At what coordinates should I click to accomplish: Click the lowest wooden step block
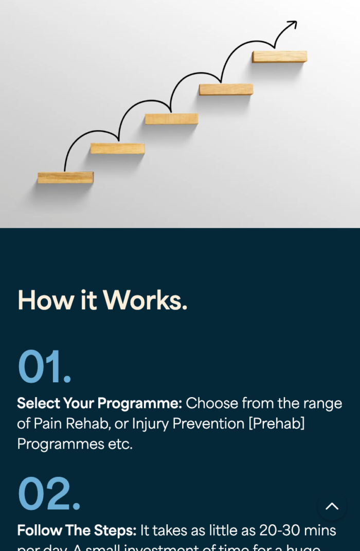click(x=65, y=178)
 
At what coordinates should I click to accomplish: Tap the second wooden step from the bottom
click(x=117, y=149)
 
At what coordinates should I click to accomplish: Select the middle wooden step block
click(x=171, y=119)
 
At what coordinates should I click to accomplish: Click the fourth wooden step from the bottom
click(x=226, y=90)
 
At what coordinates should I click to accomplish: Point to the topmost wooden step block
click(x=279, y=57)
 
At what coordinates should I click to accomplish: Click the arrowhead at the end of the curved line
click(x=293, y=24)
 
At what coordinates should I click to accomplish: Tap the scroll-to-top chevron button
click(x=332, y=506)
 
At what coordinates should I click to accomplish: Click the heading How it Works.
click(x=102, y=300)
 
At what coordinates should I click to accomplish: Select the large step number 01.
click(x=44, y=367)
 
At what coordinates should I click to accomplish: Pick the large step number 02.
click(x=49, y=494)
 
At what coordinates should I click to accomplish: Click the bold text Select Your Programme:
click(x=99, y=403)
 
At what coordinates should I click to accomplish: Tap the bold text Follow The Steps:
click(x=77, y=530)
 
